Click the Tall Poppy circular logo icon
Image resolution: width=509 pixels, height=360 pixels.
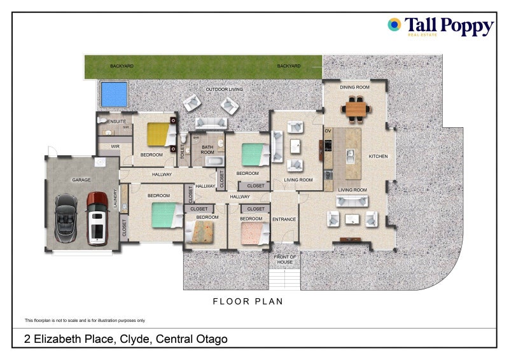coord(394,25)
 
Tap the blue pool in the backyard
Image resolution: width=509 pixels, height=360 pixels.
coord(114,94)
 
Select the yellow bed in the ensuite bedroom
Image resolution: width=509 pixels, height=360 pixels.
coord(159,134)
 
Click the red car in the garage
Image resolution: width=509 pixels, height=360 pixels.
coord(97,218)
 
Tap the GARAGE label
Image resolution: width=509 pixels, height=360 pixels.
coord(81,180)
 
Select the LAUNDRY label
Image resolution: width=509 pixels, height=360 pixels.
coord(115,199)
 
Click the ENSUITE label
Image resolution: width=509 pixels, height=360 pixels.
coord(116,121)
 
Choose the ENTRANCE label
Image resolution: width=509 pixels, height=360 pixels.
coord(284,219)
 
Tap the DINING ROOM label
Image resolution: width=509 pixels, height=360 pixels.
coord(354,87)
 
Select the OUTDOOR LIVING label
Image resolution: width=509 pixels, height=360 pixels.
coord(224,90)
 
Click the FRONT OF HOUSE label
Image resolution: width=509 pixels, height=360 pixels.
coord(284,260)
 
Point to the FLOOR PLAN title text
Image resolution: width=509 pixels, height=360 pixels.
coord(248,301)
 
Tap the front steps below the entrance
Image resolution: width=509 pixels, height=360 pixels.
coord(284,279)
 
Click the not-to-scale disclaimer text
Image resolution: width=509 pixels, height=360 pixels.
coord(85,321)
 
